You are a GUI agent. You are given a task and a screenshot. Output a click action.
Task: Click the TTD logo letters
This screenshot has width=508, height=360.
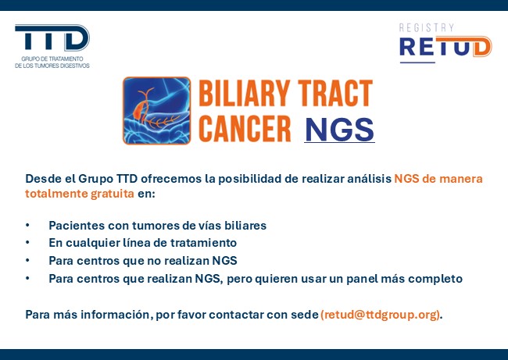tap(52, 37)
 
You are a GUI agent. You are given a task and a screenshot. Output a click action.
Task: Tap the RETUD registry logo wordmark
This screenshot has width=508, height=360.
tap(445, 47)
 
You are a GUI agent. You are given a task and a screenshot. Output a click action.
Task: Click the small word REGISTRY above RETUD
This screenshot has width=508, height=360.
tap(427, 28)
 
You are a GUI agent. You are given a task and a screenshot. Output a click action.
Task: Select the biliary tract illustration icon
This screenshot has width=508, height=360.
tap(157, 110)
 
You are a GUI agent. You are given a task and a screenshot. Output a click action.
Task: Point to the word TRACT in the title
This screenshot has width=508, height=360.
tap(335, 93)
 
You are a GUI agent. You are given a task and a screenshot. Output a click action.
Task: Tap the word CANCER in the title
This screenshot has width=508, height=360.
tap(245, 129)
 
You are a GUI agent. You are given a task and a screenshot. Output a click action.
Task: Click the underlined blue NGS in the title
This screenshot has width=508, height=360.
tap(339, 130)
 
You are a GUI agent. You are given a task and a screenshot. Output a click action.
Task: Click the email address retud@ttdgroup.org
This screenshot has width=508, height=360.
tap(381, 315)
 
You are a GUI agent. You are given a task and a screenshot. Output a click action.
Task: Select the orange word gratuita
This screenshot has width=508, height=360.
tap(112, 194)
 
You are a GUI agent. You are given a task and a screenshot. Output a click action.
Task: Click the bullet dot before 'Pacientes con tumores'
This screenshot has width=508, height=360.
tap(27, 225)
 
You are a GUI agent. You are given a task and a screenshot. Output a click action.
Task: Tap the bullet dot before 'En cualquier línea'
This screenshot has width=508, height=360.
tap(27, 243)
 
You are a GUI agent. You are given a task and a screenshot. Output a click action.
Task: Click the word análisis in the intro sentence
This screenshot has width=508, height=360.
tap(370, 178)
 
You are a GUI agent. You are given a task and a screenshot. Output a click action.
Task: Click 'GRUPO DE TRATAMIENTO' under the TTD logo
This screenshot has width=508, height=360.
tap(52, 59)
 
